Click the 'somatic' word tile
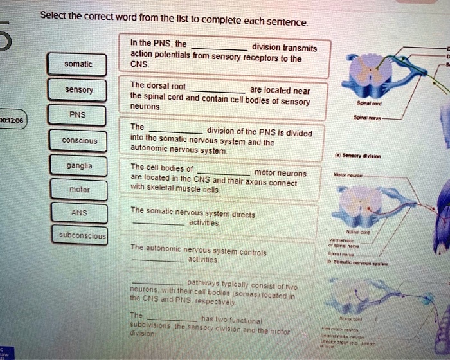pyautogui.click(x=78, y=64)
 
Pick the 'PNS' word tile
pyautogui.click(x=78, y=114)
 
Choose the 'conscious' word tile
pyautogui.click(x=79, y=141)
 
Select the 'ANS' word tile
pyautogui.click(x=78, y=214)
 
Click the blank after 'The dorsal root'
pyautogui.click(x=216, y=89)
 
